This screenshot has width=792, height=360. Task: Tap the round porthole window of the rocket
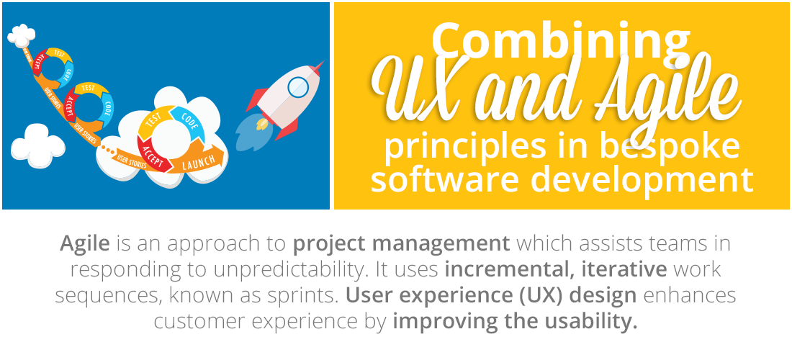click(x=297, y=87)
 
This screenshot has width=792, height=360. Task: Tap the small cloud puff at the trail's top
click(x=21, y=35)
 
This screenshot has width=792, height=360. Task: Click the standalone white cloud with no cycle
click(x=37, y=145)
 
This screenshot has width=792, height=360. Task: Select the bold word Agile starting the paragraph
click(x=85, y=244)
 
